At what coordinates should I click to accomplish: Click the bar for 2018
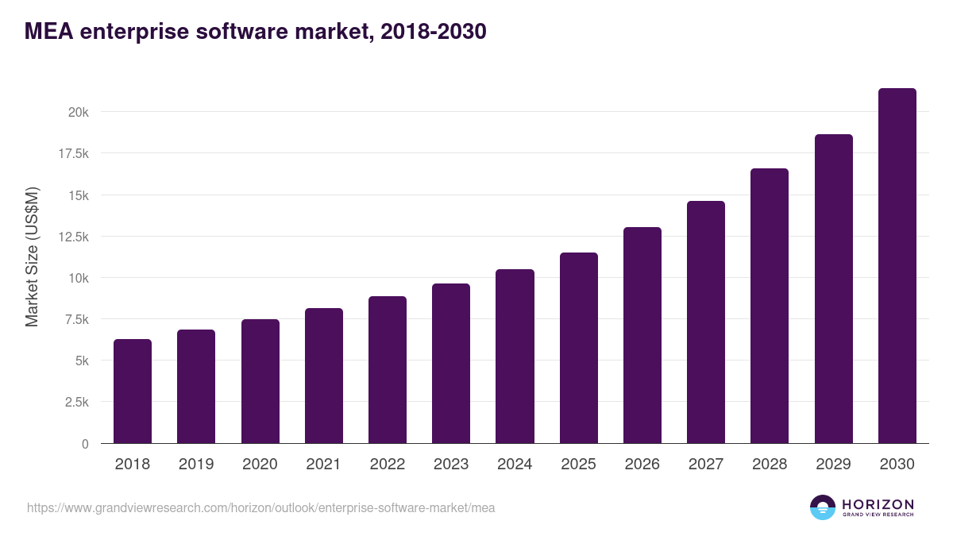coord(133,391)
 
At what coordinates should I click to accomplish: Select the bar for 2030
coord(897,265)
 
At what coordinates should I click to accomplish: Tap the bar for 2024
coord(515,356)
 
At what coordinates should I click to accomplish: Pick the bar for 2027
coord(705,322)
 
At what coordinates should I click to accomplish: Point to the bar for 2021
coord(324,376)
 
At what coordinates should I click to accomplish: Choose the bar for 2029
coord(833,288)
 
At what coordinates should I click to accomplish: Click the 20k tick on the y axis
coord(78,112)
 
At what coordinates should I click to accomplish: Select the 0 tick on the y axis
coord(85,444)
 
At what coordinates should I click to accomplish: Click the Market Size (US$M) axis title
coord(32,257)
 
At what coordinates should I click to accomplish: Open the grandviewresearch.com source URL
coord(260,507)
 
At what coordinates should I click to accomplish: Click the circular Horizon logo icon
coord(823,507)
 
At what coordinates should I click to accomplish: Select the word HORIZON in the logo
coord(878,504)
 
